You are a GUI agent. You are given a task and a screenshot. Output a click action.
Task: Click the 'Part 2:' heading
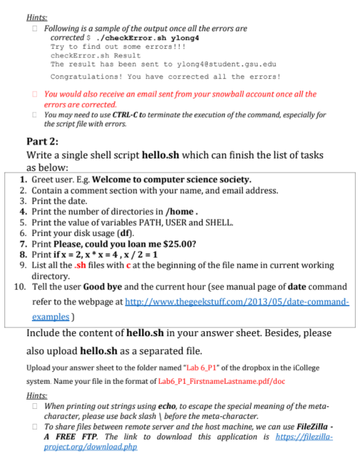42,141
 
